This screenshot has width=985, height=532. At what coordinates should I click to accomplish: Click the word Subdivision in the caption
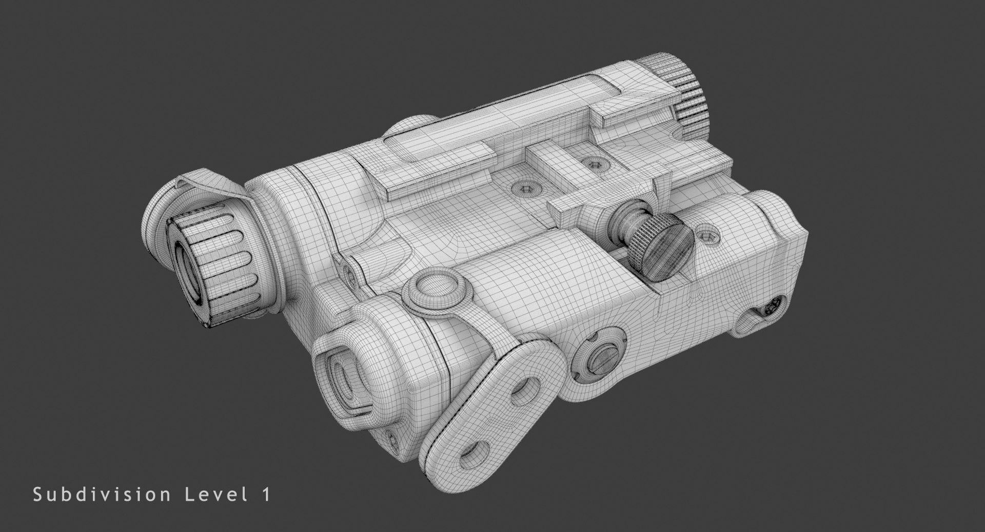coord(102,495)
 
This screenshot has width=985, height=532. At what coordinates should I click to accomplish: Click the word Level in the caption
coord(212,495)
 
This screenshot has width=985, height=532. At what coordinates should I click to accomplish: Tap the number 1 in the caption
coord(265,495)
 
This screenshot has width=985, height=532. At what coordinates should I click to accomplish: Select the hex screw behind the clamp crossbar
coord(594,164)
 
